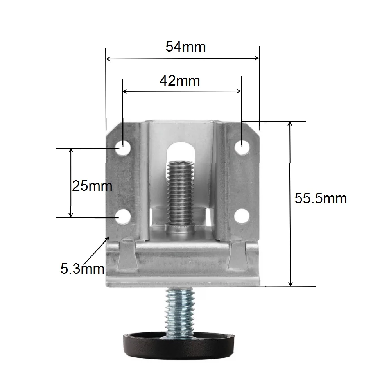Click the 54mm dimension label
[x=186, y=47]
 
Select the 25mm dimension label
[x=92, y=186]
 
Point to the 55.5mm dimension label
[x=321, y=199]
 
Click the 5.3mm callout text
[x=82, y=269]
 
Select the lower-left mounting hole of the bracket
[x=123, y=216]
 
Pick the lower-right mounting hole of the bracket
[x=242, y=216]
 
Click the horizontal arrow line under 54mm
[x=183, y=59]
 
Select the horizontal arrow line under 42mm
[x=182, y=91]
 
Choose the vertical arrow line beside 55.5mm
[x=290, y=203]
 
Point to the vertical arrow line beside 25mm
[x=71, y=183]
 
